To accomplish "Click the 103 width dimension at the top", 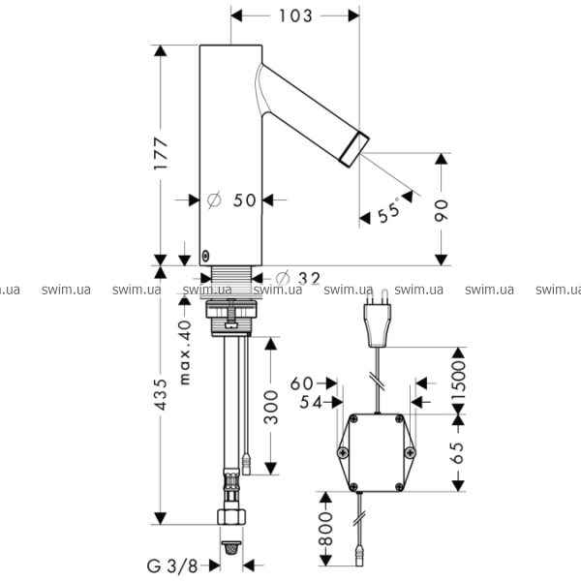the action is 295,16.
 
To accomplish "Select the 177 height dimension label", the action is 161,154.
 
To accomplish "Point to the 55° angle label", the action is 388,210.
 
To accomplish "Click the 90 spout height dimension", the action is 441,210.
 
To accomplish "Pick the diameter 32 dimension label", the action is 298,278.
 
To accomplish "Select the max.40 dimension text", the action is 185,352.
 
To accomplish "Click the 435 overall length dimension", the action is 161,394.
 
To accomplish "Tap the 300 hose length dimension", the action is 271,408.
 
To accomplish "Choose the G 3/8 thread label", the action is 172,566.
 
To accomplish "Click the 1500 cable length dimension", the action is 459,382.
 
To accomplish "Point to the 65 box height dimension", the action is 458,453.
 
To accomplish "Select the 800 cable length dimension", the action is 326,529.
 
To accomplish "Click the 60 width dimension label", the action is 301,383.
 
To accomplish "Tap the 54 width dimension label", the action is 311,403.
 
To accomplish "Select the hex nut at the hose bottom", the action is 231,516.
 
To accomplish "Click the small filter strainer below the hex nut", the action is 231,547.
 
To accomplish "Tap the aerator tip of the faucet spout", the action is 354,149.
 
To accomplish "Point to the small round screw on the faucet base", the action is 205,256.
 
